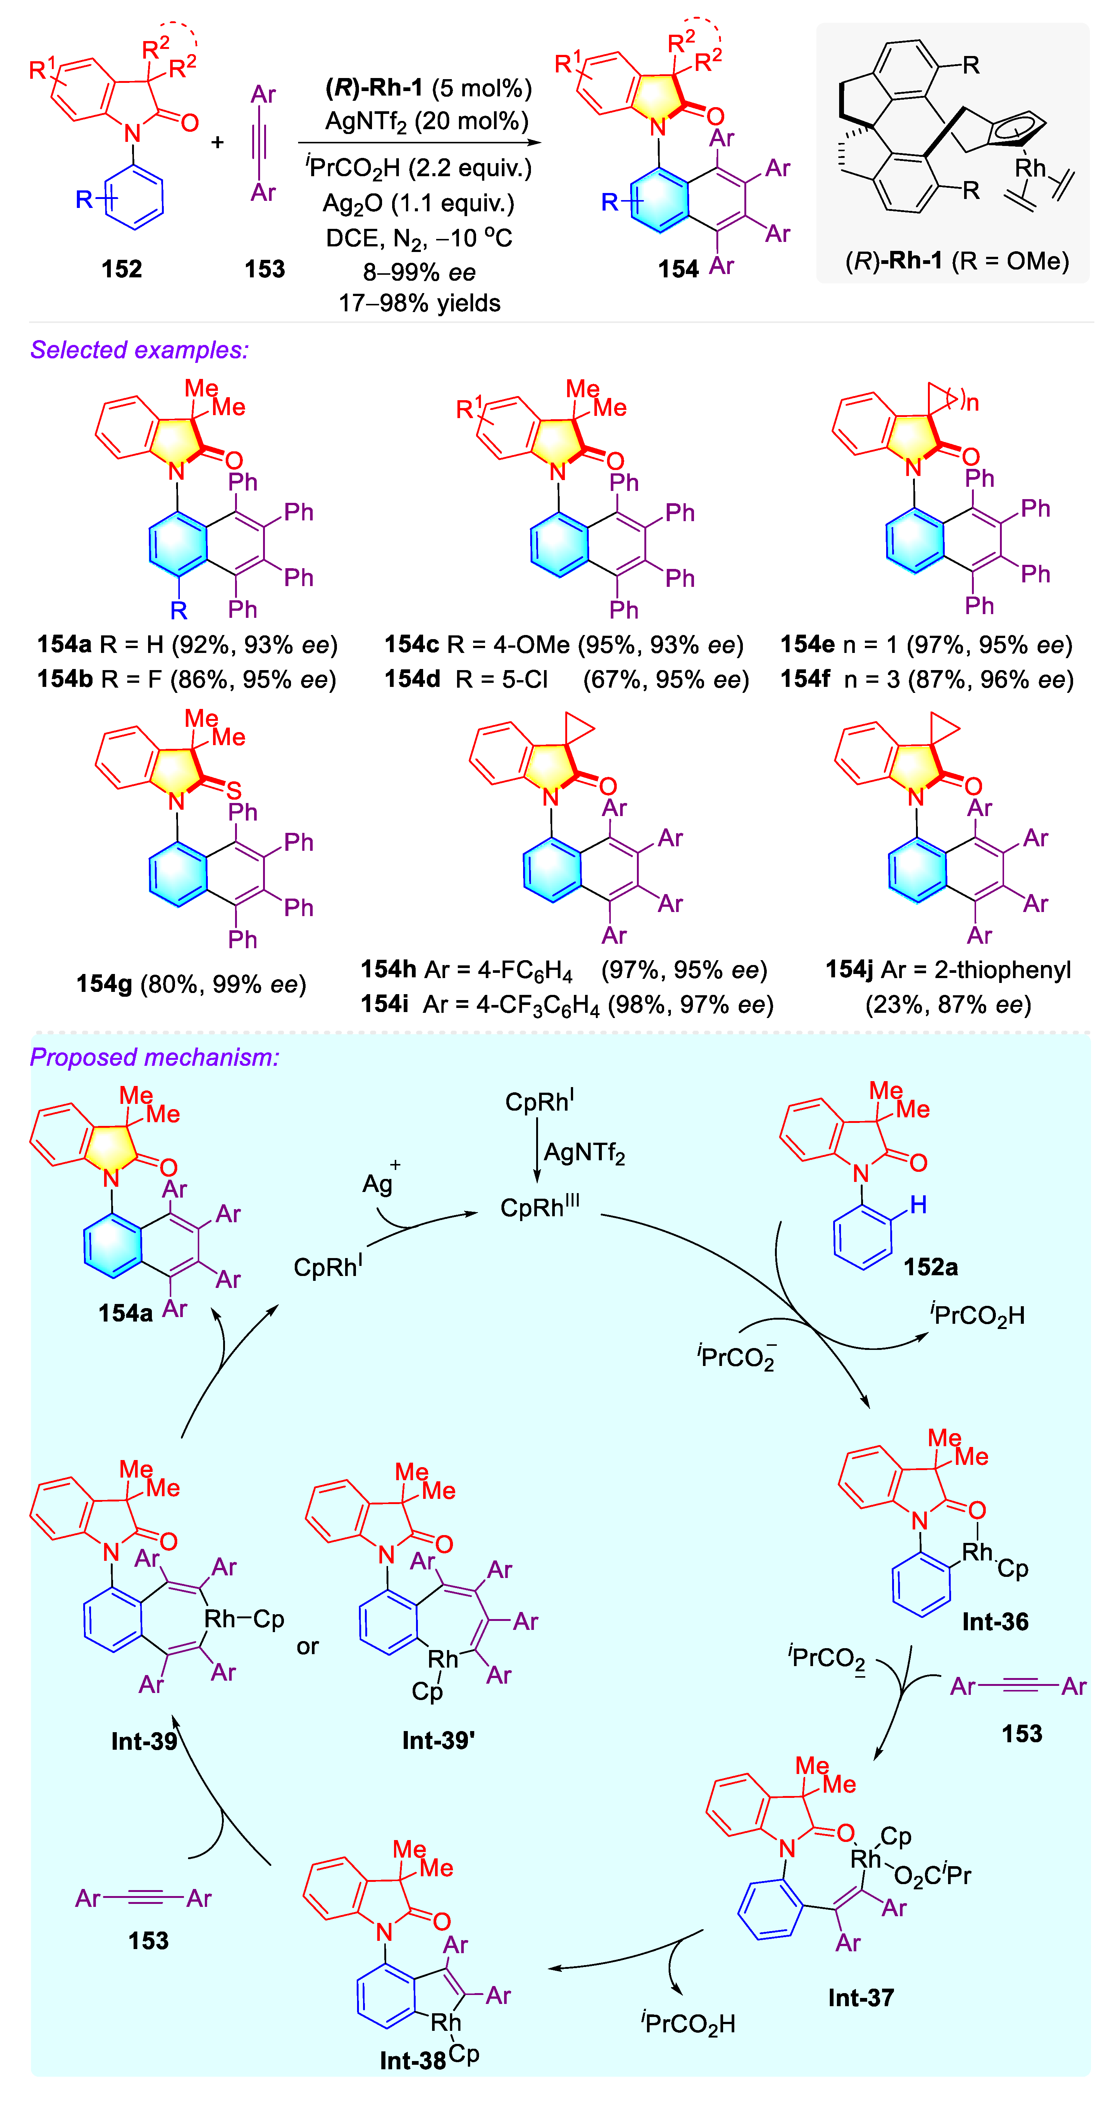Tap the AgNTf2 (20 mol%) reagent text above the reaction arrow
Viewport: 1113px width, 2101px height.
[x=426, y=122]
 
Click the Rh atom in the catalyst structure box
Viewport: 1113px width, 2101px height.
[x=1029, y=168]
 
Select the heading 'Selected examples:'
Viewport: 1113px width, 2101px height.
[x=139, y=350]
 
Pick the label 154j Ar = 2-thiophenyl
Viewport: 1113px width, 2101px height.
[x=947, y=970]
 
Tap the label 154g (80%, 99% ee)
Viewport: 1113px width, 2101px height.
[x=191, y=984]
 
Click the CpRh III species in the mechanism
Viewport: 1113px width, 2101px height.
[x=540, y=1206]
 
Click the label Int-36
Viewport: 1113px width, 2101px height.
[x=995, y=1621]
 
